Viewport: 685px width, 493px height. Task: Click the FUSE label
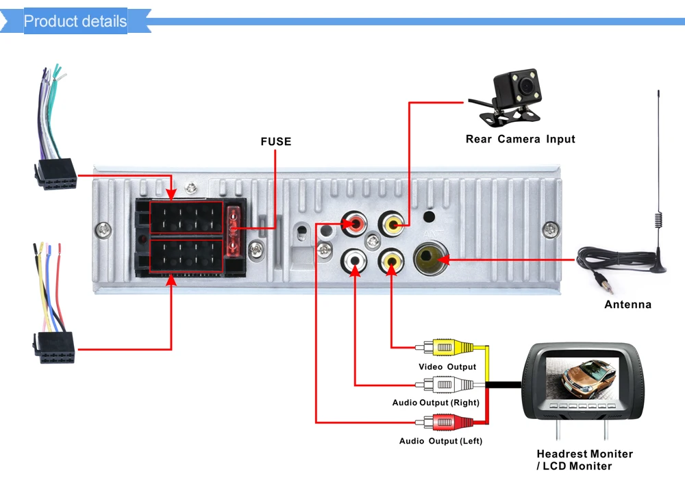(275, 142)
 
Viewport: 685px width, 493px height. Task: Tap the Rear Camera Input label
(521, 139)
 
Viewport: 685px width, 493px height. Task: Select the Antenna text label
(627, 304)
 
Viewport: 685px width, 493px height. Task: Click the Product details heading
(75, 21)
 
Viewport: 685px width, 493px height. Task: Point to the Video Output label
(447, 367)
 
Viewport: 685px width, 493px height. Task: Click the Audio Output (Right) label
(436, 403)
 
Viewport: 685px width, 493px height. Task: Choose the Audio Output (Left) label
(440, 441)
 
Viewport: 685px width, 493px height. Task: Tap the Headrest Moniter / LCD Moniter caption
(584, 460)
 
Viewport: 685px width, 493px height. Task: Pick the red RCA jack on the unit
(354, 224)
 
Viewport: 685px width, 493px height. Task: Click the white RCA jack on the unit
(354, 261)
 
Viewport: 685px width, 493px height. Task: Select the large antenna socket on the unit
(430, 260)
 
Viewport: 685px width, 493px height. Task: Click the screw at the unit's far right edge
(551, 229)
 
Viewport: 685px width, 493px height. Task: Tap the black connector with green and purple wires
(56, 174)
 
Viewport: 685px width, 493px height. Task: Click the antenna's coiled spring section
(658, 220)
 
